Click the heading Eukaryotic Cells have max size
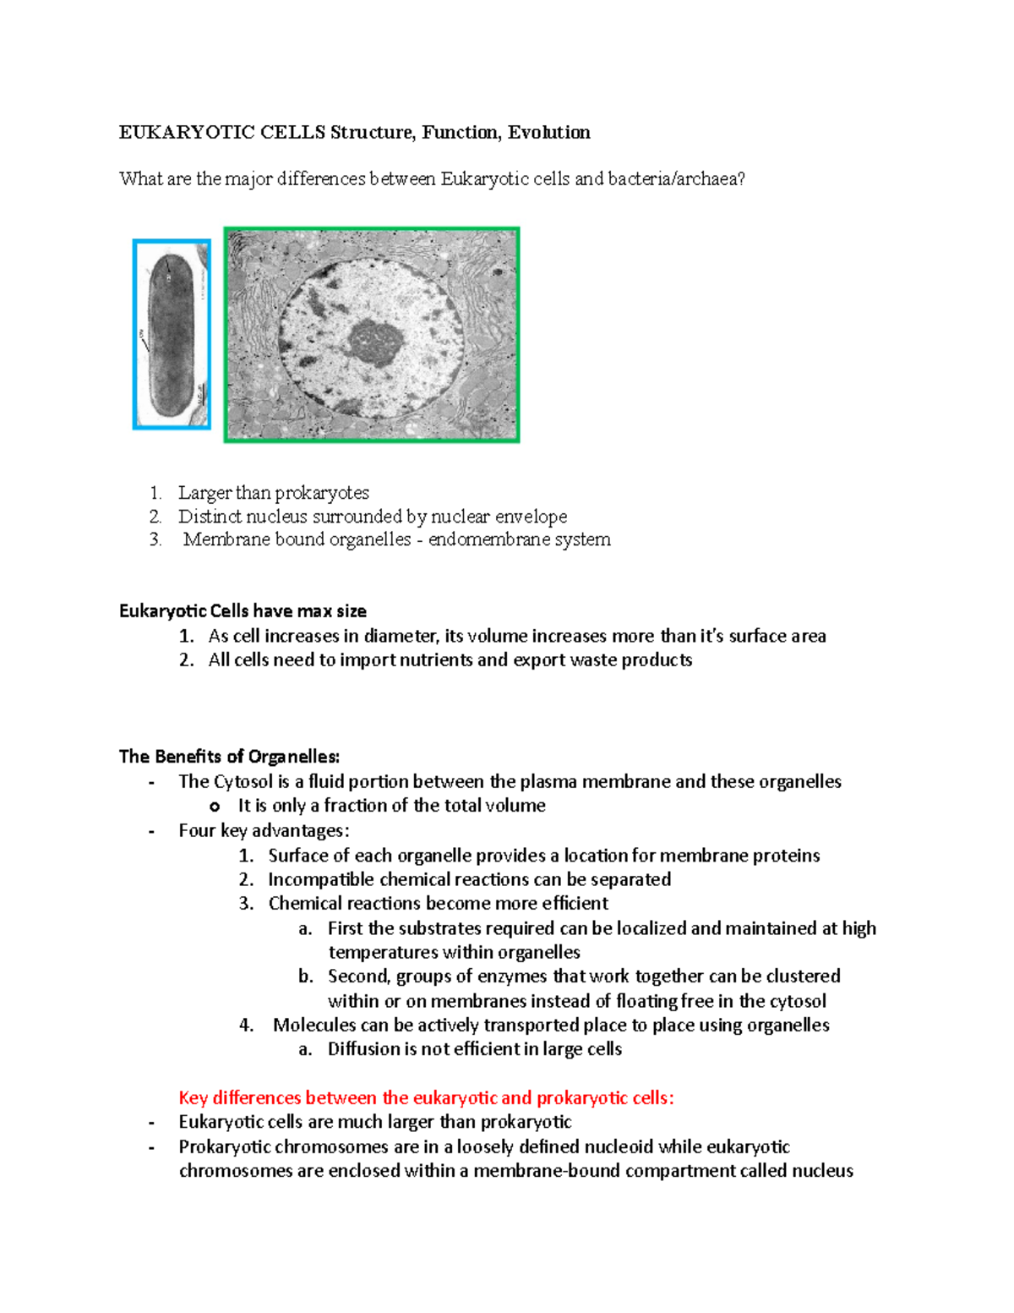coord(243,611)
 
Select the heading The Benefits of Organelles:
coord(229,757)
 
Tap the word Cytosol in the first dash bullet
coord(243,782)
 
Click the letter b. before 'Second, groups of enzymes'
coord(305,977)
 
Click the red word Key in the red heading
coord(193,1098)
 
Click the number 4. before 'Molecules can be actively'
coord(246,1026)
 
